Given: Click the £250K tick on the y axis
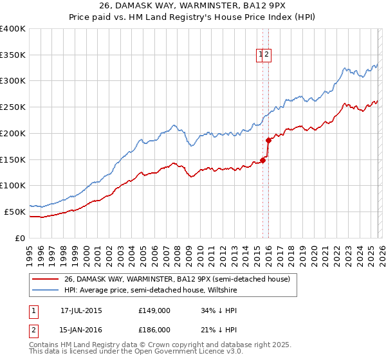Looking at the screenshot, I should click(14, 107).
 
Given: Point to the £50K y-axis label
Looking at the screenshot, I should click(15, 212).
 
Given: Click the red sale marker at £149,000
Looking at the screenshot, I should click(262, 160).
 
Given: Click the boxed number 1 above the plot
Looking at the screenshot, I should click(261, 55).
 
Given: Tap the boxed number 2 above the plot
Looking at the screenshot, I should click(267, 55).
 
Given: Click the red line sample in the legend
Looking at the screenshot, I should click(45, 280).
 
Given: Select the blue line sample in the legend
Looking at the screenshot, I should click(45, 289).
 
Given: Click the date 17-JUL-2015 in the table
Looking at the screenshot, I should click(81, 310).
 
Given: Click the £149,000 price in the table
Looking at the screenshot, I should click(154, 310).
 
